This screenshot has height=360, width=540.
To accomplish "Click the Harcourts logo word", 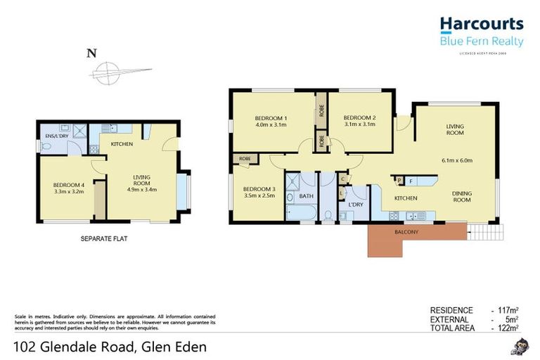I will tap(482, 25).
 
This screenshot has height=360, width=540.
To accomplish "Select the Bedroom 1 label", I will tap(271, 117).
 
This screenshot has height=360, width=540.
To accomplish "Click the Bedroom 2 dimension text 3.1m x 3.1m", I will tap(359, 124).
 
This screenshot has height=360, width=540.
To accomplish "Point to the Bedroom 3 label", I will tap(259, 189).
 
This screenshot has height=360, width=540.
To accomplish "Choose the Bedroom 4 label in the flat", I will tap(68, 186).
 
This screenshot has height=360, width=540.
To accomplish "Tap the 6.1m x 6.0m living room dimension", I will tap(456, 160).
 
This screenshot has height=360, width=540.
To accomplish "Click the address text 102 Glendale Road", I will tap(75, 347).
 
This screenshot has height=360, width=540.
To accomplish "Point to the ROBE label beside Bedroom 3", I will tap(245, 160).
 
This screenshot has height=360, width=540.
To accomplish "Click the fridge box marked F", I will tap(411, 181).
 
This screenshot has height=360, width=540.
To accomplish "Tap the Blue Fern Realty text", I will tap(482, 41).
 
